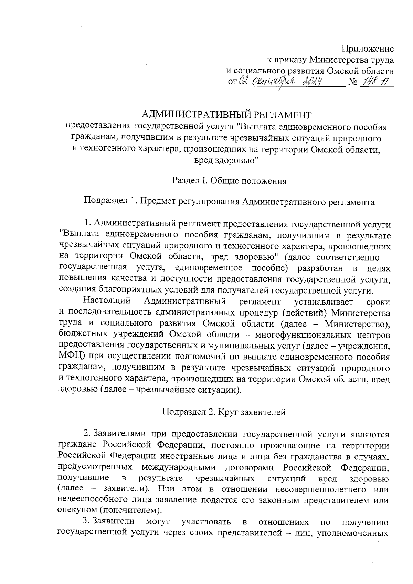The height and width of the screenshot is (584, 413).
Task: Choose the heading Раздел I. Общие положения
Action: tap(229, 181)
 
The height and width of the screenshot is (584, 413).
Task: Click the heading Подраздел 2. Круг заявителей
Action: tap(224, 412)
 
